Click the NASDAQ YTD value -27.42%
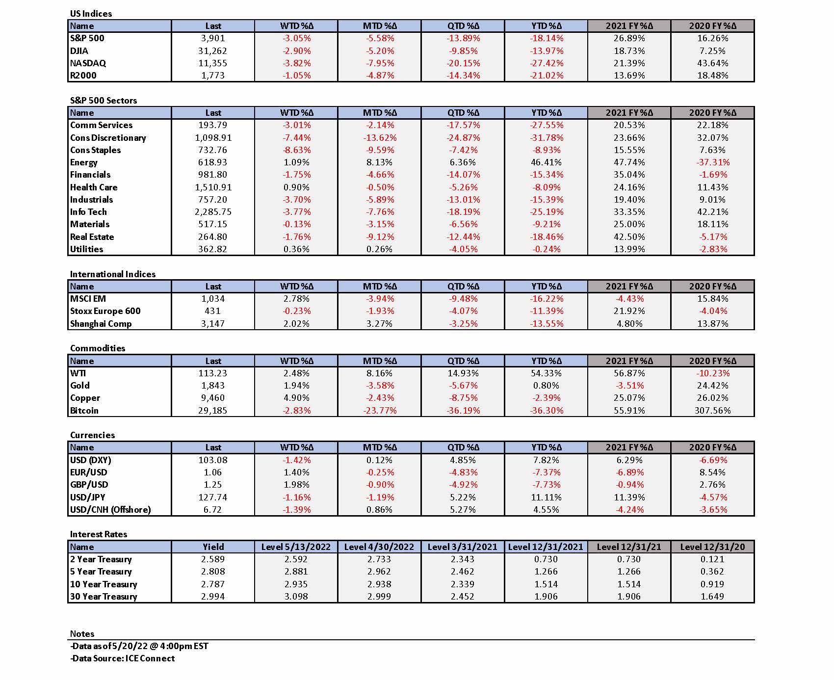(546, 63)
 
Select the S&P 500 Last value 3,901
(213, 38)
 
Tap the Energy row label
(84, 162)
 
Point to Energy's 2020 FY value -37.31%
(712, 162)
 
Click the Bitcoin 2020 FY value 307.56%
(712, 411)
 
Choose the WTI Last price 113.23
(213, 373)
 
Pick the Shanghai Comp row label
(101, 324)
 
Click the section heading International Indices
(113, 274)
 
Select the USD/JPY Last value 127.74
(213, 497)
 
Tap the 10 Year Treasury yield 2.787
(213, 584)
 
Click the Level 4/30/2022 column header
(379, 547)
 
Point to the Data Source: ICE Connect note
(122, 658)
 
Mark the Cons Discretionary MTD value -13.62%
(379, 138)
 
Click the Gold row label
(80, 386)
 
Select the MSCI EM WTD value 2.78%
(296, 299)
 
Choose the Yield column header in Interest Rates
(213, 547)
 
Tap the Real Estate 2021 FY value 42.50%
(629, 237)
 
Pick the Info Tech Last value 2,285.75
(213, 212)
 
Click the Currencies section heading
(92, 435)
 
